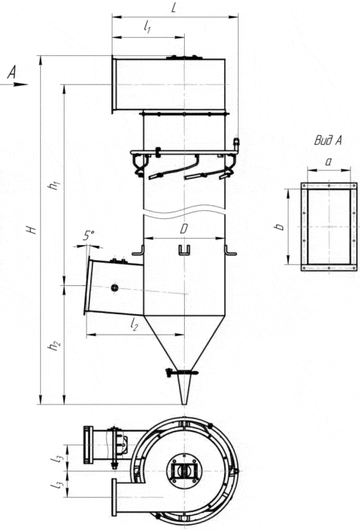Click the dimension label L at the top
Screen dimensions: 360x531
[174, 7]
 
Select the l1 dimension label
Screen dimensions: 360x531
[148, 27]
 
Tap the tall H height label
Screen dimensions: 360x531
[32, 230]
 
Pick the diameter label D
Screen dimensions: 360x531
[183, 229]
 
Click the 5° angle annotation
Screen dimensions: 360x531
[89, 236]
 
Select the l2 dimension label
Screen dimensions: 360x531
[134, 324]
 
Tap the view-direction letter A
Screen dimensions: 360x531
[12, 73]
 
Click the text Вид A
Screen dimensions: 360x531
[328, 140]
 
